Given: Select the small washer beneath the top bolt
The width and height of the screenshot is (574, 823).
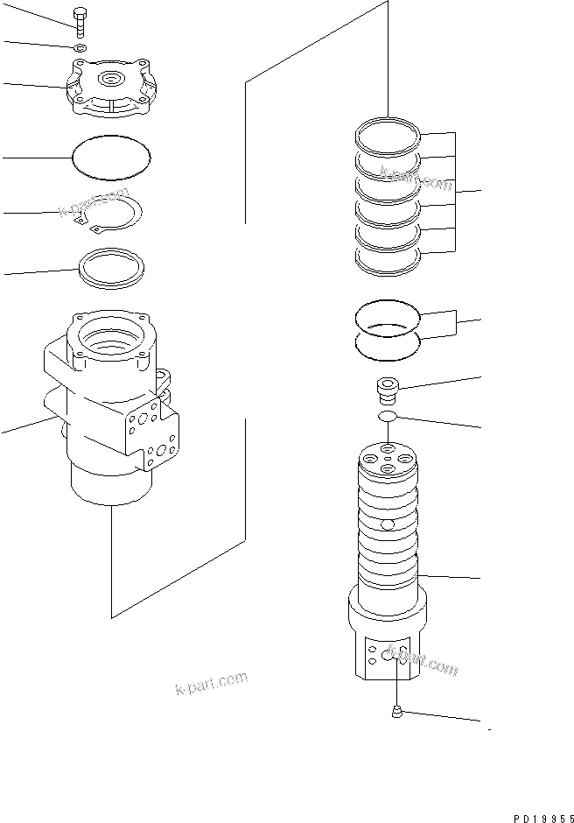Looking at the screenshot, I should click(x=80, y=47).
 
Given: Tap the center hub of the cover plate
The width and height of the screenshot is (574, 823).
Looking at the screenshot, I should click(x=110, y=81).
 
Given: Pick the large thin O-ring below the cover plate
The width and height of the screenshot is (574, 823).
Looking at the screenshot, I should click(x=109, y=155).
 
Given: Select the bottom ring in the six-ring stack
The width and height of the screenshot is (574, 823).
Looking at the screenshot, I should click(x=388, y=255).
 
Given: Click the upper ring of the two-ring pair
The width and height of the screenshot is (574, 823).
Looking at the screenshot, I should click(x=387, y=314).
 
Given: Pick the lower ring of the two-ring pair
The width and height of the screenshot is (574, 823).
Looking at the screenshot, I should click(x=387, y=344).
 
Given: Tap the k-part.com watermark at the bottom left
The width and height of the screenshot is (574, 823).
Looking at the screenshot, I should click(x=211, y=683).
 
